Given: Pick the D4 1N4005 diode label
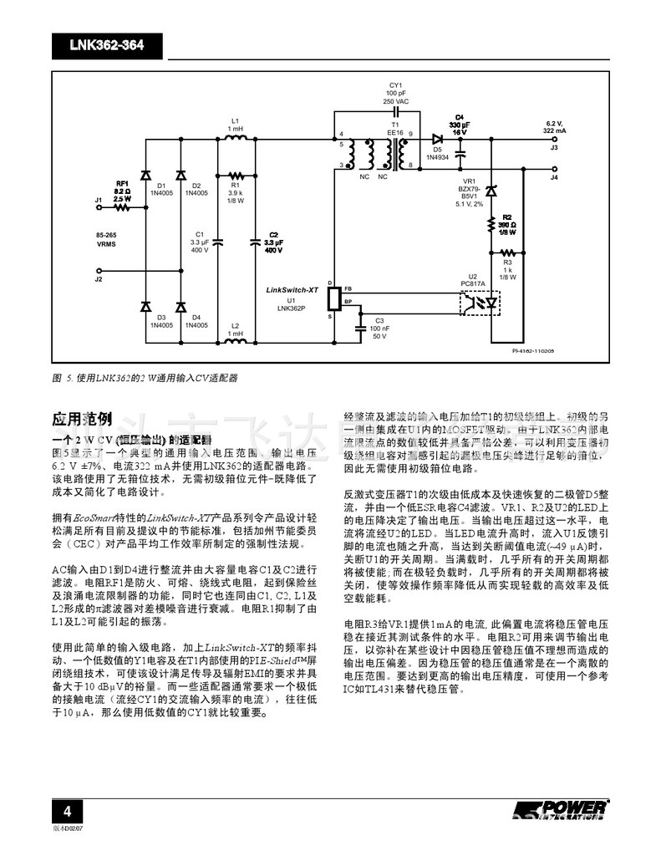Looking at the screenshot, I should click(196, 321).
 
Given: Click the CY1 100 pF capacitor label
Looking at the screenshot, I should click(395, 92).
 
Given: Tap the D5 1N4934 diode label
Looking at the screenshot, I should click(437, 153).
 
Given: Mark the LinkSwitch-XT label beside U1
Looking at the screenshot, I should click(292, 288).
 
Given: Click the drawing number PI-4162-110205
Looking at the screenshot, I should click(535, 352).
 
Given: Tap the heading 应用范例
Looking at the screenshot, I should click(82, 418).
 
